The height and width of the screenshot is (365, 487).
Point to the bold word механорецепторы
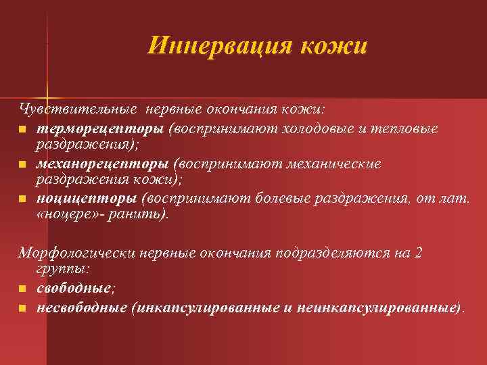coord(102,164)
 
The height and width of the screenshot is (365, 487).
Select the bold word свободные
coord(74,289)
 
